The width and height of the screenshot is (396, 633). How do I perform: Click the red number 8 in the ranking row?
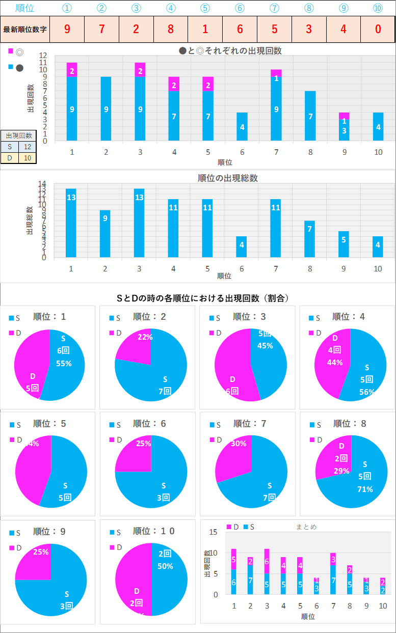pos(171,29)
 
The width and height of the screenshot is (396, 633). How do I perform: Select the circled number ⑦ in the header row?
pos(274,8)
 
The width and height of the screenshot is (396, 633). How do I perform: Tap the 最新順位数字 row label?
pos(25,29)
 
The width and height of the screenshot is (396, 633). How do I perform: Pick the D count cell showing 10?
pos(27,158)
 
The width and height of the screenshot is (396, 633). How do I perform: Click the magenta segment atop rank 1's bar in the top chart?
pos(72,70)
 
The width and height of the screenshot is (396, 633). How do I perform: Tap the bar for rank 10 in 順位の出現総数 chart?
pos(378,246)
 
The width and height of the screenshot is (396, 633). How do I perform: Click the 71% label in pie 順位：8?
pos(365,489)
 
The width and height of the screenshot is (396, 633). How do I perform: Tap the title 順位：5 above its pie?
pos(49,424)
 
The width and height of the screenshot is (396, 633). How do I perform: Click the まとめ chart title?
pos(306,527)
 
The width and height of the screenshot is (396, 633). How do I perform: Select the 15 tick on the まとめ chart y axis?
pos(214,532)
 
